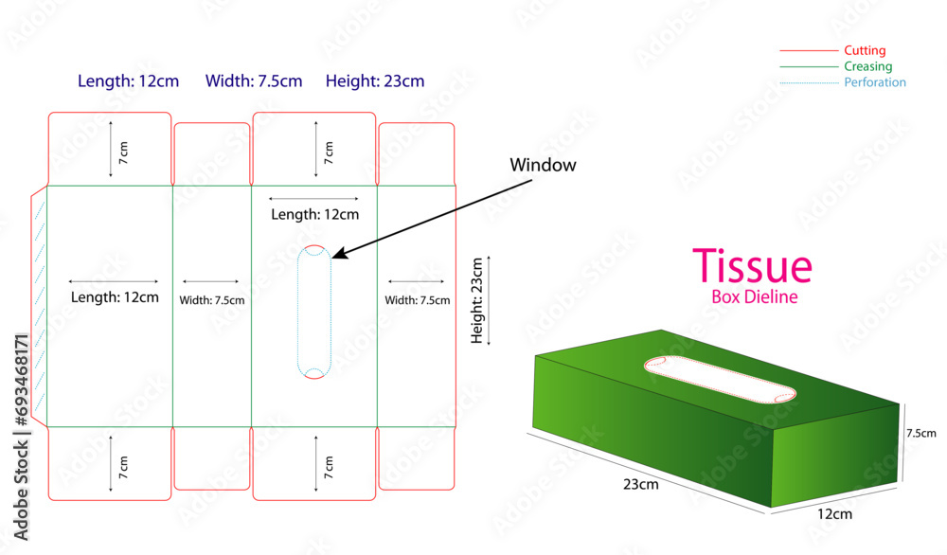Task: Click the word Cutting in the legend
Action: (865, 50)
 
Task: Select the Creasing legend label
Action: (867, 66)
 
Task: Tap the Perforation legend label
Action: (875, 82)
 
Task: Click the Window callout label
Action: (543, 165)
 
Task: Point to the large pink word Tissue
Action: (752, 266)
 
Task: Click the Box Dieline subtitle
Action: (754, 296)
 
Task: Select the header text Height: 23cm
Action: (375, 81)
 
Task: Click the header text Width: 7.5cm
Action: (254, 81)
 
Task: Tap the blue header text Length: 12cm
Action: (128, 81)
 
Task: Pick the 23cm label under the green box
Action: (641, 485)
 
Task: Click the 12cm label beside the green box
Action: (833, 514)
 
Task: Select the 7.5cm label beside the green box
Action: (920, 433)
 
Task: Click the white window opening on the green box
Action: (719, 380)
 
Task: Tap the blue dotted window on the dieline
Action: (313, 313)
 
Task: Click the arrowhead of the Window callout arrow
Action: (336, 254)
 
